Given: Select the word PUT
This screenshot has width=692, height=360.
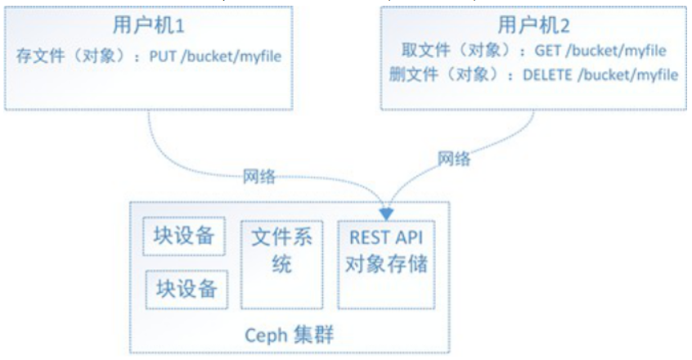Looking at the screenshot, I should (162, 58).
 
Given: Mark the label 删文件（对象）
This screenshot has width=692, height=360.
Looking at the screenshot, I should (448, 74).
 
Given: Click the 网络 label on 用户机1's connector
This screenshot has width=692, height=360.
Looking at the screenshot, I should (258, 175).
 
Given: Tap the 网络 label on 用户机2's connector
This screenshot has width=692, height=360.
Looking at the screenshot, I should (454, 158).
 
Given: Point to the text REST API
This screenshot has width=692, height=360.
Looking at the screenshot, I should (387, 240).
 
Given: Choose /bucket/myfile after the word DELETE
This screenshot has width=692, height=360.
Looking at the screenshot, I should (630, 74).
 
